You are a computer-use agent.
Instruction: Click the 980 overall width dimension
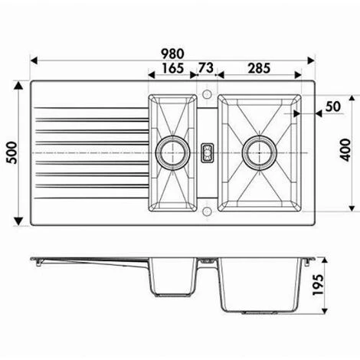tap(172, 54)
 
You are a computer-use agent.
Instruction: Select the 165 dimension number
tap(173, 68)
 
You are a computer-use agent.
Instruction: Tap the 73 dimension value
tap(206, 68)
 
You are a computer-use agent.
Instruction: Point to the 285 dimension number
tap(259, 68)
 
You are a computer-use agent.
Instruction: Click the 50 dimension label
tap(333, 106)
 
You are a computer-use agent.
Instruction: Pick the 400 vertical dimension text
tap(345, 150)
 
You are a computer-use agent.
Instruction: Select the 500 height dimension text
tap(12, 152)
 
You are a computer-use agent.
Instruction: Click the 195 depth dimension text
tap(318, 285)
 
